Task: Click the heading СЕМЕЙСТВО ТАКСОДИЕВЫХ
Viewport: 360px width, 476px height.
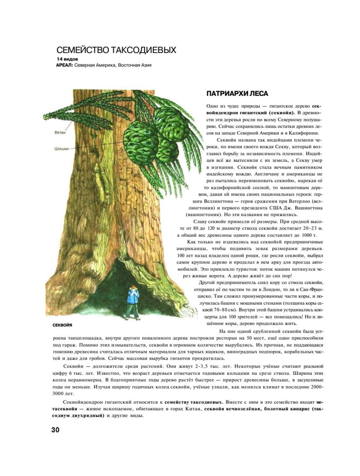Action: (x=116, y=50)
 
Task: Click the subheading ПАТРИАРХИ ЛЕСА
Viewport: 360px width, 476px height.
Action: (x=237, y=94)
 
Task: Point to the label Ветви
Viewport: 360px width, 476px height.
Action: (x=60, y=133)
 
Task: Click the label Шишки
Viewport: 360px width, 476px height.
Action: (x=61, y=149)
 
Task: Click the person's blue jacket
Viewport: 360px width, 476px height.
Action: (x=133, y=298)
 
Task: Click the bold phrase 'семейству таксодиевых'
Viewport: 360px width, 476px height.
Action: (x=194, y=402)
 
